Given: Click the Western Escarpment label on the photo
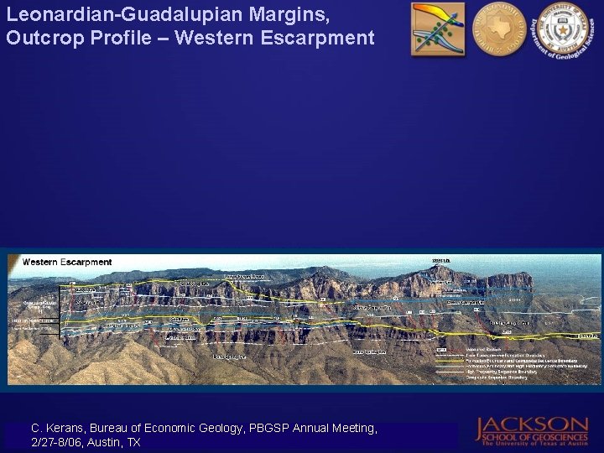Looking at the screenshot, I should coord(67,262).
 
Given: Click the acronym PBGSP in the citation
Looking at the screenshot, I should coord(263,428).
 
